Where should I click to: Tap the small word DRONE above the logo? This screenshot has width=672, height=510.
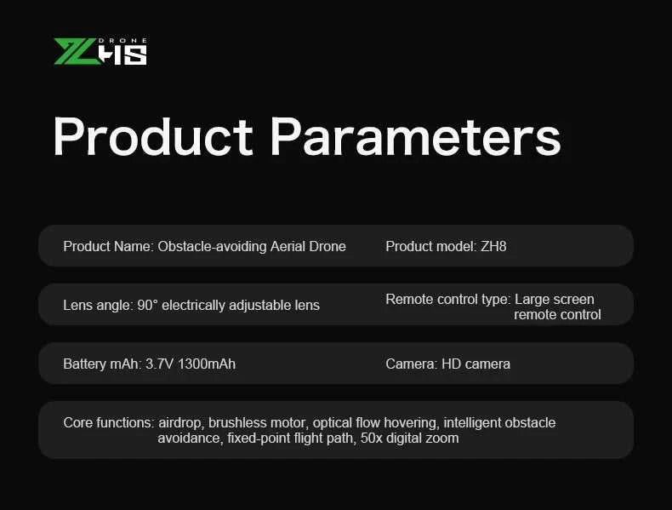126,40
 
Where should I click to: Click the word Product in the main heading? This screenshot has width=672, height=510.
152,136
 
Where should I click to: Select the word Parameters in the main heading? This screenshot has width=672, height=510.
416,136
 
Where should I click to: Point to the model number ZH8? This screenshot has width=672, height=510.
493,247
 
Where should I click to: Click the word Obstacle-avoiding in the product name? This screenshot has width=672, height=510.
212,247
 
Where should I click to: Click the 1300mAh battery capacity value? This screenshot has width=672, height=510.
207,364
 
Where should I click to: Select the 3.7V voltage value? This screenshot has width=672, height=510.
159,364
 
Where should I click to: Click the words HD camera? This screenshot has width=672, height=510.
476,364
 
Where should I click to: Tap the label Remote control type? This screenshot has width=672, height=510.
447,300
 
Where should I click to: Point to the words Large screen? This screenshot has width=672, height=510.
554,300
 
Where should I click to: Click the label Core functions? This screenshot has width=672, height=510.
108,423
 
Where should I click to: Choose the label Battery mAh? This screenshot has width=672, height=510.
102,364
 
